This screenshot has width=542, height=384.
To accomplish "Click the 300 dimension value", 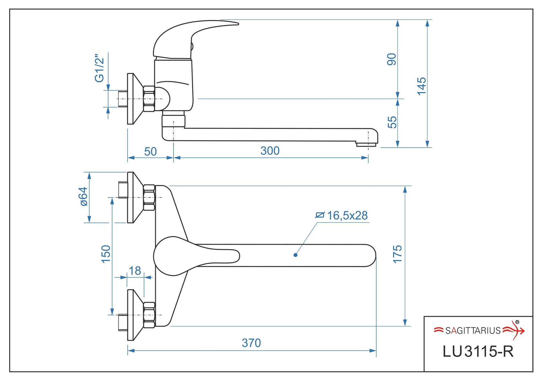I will click(x=270, y=151).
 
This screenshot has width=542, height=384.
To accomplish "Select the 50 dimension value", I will click(x=150, y=152).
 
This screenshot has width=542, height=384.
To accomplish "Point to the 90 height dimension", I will click(x=392, y=59).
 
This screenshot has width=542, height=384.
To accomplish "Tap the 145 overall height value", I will click(x=421, y=86).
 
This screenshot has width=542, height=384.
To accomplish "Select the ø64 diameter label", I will click(x=84, y=196).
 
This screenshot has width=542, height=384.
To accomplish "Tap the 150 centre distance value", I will click(x=106, y=254).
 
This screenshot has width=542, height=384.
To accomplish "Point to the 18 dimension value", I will click(x=135, y=271).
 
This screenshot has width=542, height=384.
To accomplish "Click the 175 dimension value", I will click(x=397, y=254).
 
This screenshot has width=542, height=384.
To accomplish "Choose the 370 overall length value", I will click(x=251, y=343).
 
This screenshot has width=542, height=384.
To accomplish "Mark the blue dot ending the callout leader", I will click(x=296, y=255).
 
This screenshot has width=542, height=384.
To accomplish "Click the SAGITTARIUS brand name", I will click(x=473, y=331).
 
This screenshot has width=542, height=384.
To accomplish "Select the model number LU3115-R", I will click(x=478, y=352).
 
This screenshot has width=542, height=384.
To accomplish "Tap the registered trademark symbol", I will click(x=517, y=322).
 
